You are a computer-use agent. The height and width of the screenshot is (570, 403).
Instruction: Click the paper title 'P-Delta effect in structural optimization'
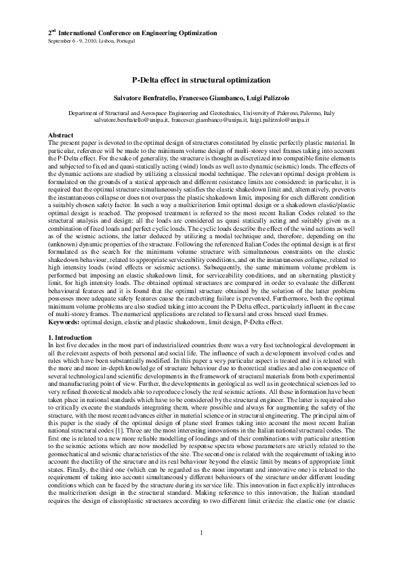201,79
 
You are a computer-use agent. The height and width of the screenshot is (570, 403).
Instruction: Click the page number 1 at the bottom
202,549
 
